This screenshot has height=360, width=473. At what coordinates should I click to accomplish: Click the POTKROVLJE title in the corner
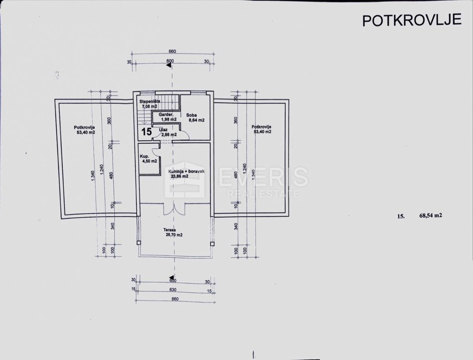[x=412, y=20]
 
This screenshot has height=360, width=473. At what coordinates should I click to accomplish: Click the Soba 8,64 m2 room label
[x=195, y=117]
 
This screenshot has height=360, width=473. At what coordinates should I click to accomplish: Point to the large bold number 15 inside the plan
[x=146, y=132]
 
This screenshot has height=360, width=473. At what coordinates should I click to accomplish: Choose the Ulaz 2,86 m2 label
[x=167, y=132]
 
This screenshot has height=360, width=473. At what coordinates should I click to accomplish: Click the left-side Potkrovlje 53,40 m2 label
[x=84, y=130]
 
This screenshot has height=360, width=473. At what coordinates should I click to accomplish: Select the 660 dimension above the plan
[x=172, y=52]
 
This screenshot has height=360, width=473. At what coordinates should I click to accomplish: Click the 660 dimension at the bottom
[x=175, y=299]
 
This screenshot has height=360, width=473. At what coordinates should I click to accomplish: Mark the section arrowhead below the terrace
[x=170, y=278]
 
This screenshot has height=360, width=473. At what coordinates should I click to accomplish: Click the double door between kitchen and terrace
[x=173, y=209]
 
